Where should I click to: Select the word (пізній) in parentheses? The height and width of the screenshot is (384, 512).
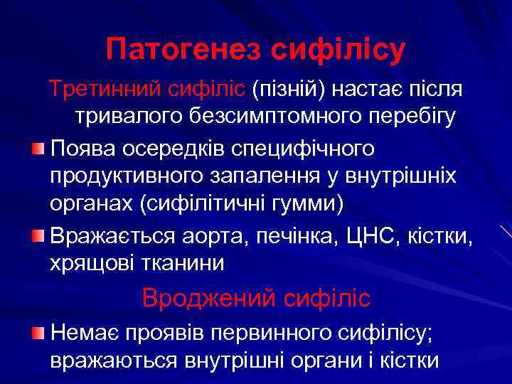point(286,90)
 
